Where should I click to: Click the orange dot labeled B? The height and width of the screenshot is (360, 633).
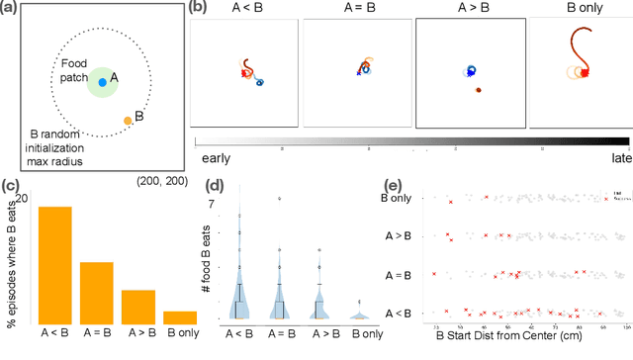[127, 121]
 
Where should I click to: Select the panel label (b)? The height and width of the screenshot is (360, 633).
[198, 8]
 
